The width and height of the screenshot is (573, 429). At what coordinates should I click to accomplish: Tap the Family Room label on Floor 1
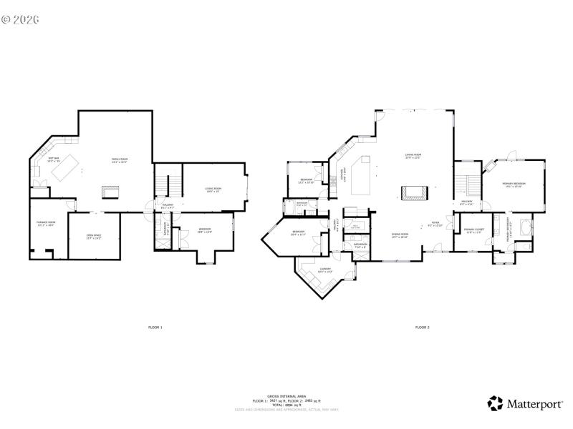(x=119, y=159)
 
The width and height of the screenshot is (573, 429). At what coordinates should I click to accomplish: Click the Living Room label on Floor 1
(x=213, y=189)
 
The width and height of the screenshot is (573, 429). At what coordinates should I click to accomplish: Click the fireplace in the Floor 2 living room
(x=415, y=192)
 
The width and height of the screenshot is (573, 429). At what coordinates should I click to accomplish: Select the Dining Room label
(x=400, y=235)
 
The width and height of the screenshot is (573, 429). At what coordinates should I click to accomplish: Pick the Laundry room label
(x=325, y=270)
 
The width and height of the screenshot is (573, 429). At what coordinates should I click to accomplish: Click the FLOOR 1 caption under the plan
(x=155, y=327)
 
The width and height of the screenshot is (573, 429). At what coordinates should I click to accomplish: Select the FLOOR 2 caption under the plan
(x=422, y=327)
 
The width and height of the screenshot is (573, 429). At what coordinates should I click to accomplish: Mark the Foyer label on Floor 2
(x=435, y=223)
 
